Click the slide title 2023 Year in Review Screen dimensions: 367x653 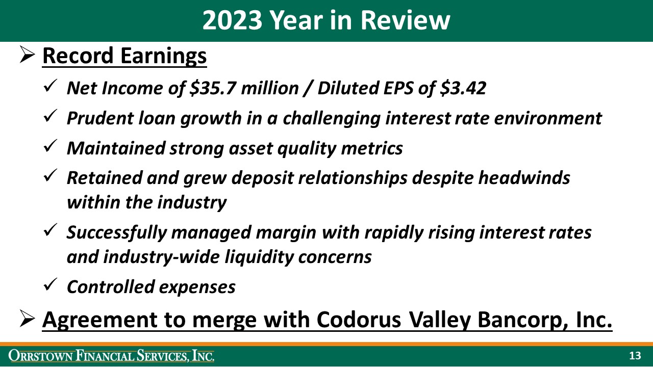(x=326, y=20)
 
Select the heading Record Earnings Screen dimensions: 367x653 (x=124, y=56)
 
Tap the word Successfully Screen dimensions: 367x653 (x=117, y=233)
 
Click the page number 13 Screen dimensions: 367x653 (x=635, y=355)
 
